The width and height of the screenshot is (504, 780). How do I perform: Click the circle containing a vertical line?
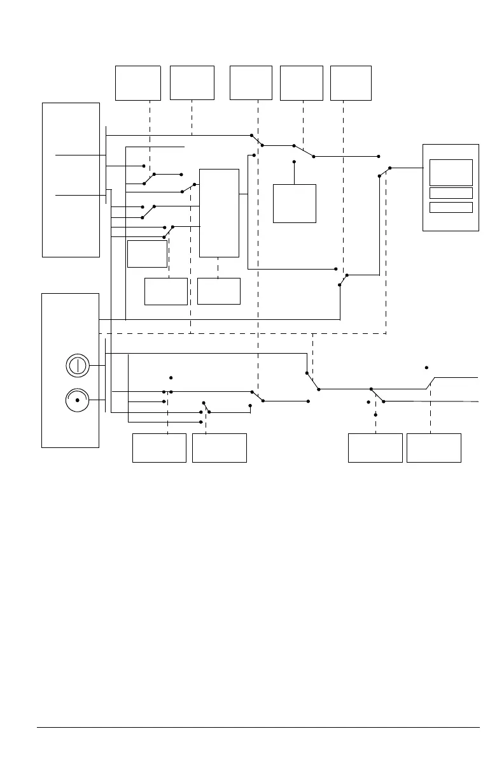[77, 366]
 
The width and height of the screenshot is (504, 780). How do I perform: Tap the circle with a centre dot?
[77, 400]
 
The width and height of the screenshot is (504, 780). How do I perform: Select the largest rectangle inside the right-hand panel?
[451, 173]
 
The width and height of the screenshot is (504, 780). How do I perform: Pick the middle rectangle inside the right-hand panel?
[451, 193]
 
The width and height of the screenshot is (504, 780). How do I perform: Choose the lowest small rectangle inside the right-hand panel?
[451, 207]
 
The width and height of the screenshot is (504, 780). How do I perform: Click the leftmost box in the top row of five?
[137, 83]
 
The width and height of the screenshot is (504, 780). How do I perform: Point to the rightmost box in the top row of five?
[351, 83]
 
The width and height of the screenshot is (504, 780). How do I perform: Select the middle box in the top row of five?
[251, 83]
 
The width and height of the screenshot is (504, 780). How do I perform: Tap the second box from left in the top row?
[192, 83]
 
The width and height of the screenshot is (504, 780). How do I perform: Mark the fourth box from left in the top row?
[302, 83]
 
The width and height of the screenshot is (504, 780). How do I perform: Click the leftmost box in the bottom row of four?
[159, 448]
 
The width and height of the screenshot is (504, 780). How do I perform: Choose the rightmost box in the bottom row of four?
[434, 448]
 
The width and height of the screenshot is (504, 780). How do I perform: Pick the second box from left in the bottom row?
[220, 448]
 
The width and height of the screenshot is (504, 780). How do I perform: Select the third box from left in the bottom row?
[375, 448]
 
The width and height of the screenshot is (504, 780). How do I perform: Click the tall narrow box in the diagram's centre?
[219, 213]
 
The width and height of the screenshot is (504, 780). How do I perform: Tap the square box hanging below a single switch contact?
[295, 203]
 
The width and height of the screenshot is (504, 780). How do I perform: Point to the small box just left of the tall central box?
[147, 254]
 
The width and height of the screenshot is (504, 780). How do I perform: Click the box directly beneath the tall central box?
[219, 291]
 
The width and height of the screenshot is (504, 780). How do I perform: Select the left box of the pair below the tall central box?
[166, 291]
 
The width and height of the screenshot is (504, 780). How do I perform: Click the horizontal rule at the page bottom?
[258, 727]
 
